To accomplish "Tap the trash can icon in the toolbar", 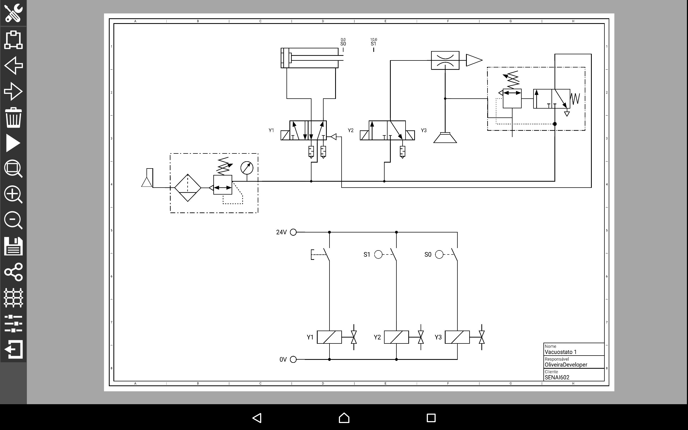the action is (x=13, y=117).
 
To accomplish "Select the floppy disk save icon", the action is (x=13, y=246).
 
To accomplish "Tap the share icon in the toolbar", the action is (x=13, y=272).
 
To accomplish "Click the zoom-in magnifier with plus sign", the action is (x=13, y=195).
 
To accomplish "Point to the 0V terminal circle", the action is (x=293, y=360).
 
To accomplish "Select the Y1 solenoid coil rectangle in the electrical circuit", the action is (x=329, y=337).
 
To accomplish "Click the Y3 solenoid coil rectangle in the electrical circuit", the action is (x=457, y=337).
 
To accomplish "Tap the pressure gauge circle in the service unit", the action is (x=247, y=168).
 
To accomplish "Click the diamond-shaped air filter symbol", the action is (x=188, y=188).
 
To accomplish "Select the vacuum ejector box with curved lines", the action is (x=445, y=60).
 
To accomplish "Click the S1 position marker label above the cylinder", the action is (x=373, y=44).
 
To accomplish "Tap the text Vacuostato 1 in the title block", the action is (x=561, y=352).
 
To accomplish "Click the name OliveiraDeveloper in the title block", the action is (x=566, y=365).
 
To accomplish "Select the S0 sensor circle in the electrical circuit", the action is (x=439, y=255).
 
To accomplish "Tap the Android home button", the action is (x=344, y=418).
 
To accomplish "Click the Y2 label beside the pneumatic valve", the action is (x=350, y=130).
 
